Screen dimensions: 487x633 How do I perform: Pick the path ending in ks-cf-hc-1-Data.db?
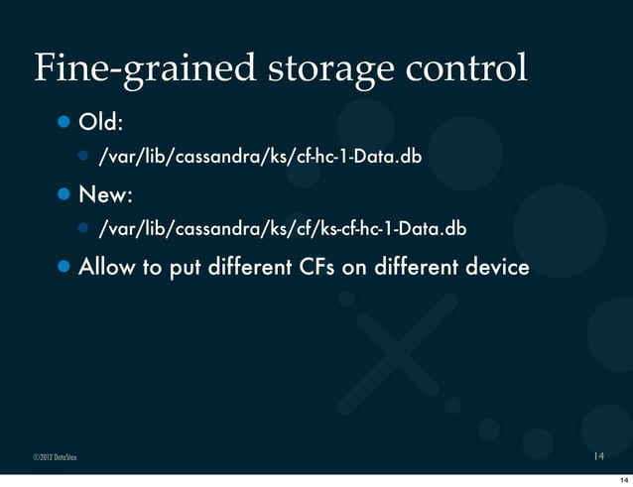click(281, 229)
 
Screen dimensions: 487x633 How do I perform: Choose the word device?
click(493, 267)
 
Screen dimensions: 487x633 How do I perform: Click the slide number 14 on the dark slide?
click(598, 457)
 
